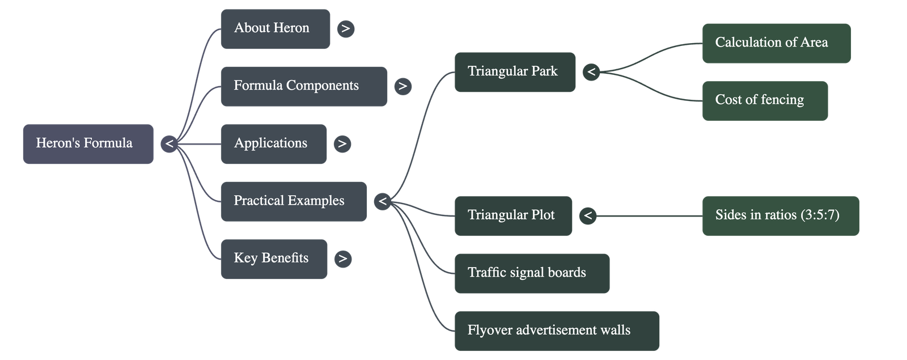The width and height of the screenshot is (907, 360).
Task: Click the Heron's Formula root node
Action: coord(88,143)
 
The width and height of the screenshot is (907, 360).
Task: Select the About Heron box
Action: coord(275,28)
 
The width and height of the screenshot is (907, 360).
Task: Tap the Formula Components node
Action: coord(304,86)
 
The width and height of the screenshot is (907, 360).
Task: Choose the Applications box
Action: coord(273,143)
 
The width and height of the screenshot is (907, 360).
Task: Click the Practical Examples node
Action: coord(293,201)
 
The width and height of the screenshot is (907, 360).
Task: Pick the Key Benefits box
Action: coord(274,259)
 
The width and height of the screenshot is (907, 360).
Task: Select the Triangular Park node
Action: coord(514,72)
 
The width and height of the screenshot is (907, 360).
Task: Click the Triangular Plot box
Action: coord(512,215)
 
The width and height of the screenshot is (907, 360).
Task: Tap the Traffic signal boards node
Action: coord(531,273)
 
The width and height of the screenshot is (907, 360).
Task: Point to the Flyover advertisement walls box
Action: coord(556,331)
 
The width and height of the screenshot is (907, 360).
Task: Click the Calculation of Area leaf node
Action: coord(776,43)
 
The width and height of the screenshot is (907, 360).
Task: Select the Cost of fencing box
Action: coord(764,100)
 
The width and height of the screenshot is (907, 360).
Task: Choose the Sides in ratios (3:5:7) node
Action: coord(780,215)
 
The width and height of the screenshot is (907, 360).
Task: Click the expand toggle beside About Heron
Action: coord(346,28)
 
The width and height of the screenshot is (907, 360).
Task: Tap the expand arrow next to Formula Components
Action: coord(402,86)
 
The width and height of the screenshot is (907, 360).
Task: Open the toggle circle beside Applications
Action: coord(342,143)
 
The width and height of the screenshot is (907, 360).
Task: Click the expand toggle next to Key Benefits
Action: coord(342,259)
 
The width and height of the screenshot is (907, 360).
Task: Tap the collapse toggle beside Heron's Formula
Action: coord(169,143)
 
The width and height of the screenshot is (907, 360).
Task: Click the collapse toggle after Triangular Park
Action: coord(591,72)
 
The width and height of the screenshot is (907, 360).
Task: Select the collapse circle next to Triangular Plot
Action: coord(588,215)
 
